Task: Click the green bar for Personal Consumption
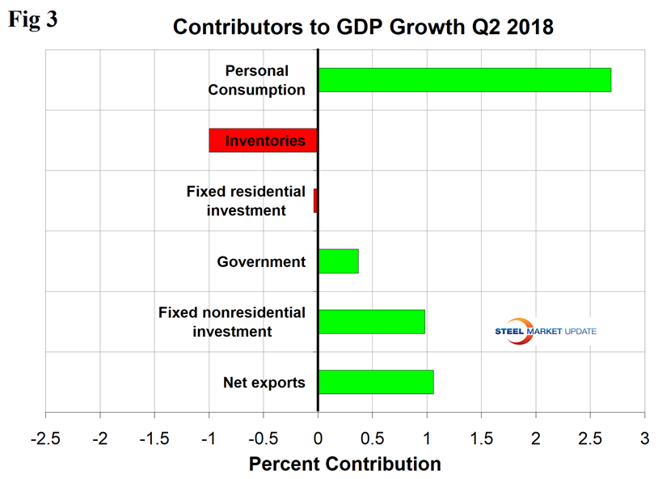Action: click(464, 80)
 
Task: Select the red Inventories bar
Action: click(263, 140)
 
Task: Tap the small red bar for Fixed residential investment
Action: click(315, 201)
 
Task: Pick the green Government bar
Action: click(338, 261)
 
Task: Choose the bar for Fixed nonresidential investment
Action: click(371, 321)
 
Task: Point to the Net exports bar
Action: click(375, 382)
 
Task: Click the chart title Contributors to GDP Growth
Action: click(363, 27)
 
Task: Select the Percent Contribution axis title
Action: click(344, 464)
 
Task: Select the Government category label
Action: click(261, 261)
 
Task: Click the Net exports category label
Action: click(264, 382)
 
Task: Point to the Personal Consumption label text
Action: click(256, 80)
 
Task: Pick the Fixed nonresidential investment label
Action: click(232, 321)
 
